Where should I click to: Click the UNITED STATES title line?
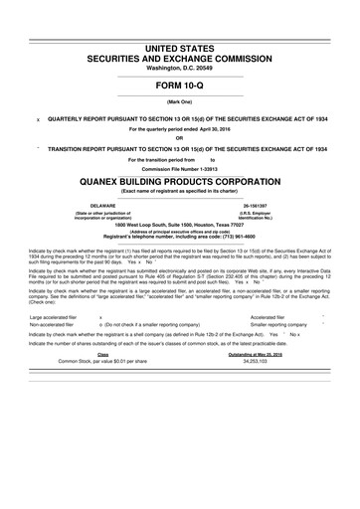[180, 49]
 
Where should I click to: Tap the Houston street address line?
[180, 225]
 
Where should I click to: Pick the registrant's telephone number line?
[180, 236]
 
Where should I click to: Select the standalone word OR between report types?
[180, 136]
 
